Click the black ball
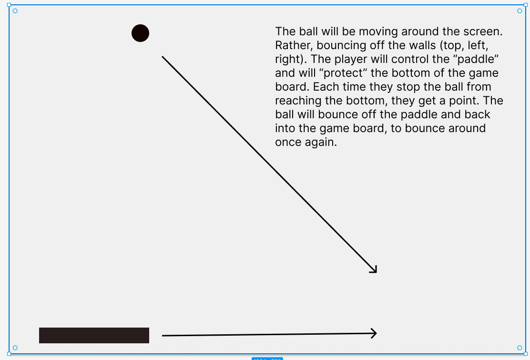tap(140, 33)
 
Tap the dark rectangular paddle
tap(94, 335)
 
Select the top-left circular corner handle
tap(15, 11)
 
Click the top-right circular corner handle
tap(520, 11)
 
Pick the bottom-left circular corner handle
tap(15, 348)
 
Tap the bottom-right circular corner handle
tap(520, 348)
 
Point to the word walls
tap(420, 46)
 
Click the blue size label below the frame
tap(267, 358)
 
